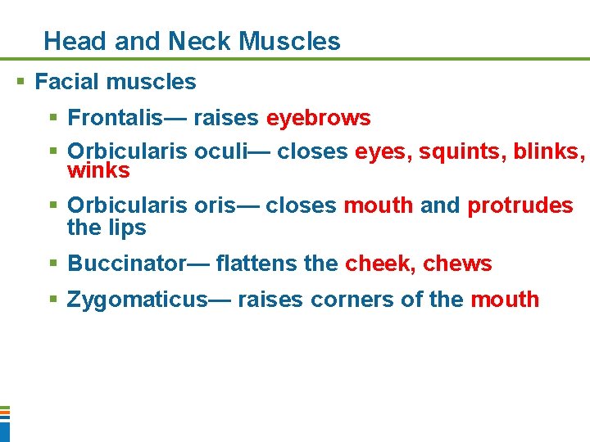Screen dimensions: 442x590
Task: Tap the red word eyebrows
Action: tap(318, 119)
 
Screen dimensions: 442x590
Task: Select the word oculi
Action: tap(232, 152)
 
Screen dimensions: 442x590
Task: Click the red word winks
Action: tap(98, 170)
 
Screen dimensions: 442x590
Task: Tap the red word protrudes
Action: tap(520, 205)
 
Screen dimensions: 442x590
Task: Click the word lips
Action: tap(128, 228)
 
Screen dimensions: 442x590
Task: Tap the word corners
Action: tap(352, 300)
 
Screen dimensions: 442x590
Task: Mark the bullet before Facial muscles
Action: tap(21, 82)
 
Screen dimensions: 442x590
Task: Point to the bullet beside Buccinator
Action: tap(53, 264)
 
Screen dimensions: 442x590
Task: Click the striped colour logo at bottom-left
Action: tap(4, 422)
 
